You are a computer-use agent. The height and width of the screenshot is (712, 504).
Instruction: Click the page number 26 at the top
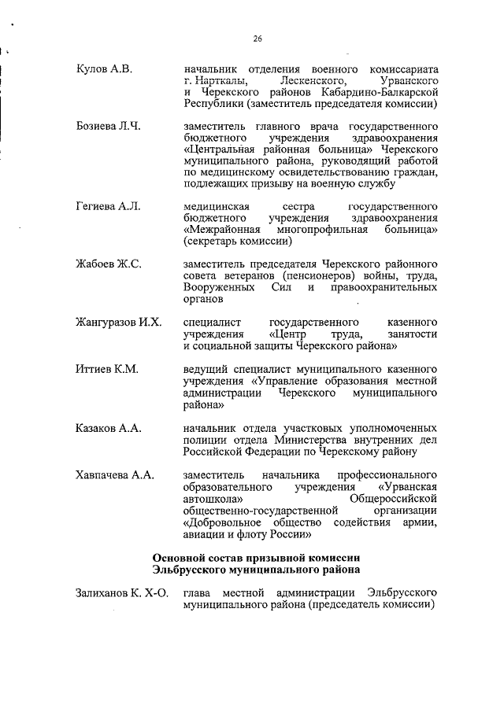point(258,39)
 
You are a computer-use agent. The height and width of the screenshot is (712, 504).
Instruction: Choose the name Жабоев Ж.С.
point(108,264)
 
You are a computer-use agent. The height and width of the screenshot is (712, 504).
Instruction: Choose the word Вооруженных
point(218,288)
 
